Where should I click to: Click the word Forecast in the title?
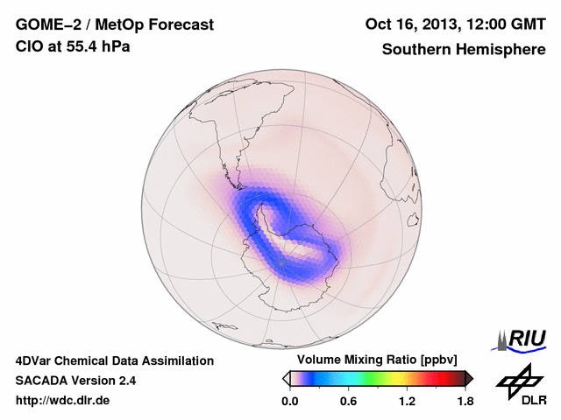click(x=179, y=25)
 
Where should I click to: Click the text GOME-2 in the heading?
click(x=45, y=25)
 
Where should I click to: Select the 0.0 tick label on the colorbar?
click(x=291, y=401)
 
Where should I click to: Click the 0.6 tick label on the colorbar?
click(x=348, y=401)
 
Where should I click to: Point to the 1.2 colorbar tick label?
click(x=406, y=401)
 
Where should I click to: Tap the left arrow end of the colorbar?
click(x=286, y=378)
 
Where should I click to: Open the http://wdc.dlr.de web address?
click(x=63, y=401)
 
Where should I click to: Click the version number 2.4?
click(x=124, y=381)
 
